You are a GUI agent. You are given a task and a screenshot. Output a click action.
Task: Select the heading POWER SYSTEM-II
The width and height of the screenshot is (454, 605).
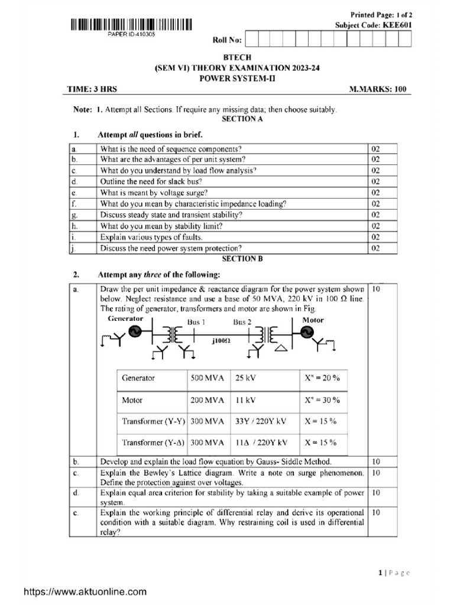(239, 78)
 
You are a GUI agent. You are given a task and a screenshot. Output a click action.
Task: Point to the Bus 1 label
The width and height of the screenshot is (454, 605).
(196, 322)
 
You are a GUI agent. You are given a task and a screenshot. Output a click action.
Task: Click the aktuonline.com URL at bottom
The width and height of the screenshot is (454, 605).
(85, 591)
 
